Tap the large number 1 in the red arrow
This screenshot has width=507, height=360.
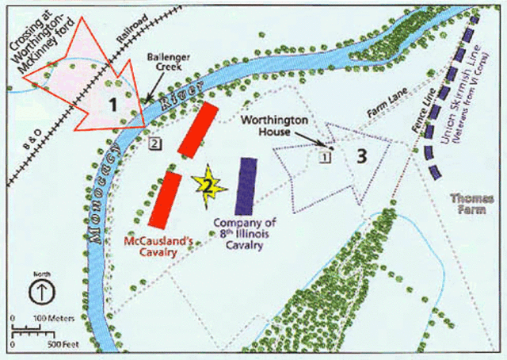[x=113, y=102]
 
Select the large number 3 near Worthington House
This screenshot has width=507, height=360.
[x=362, y=156]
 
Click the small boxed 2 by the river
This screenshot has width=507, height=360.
[x=156, y=144]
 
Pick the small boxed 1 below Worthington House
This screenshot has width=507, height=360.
[x=324, y=157]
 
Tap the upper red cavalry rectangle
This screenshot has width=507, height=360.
[x=197, y=128]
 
